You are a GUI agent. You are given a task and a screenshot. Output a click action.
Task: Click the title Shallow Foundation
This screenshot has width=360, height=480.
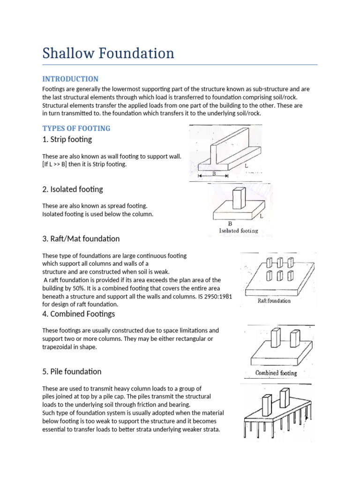tap(108, 53)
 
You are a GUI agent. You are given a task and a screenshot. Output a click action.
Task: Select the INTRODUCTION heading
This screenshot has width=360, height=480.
tap(70, 79)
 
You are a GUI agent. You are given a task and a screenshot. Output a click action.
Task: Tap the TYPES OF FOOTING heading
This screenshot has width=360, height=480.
tap(76, 128)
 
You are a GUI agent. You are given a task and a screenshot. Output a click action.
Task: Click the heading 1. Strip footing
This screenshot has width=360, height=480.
tap(67, 139)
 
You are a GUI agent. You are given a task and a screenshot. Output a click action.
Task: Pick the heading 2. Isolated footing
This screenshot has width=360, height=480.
tap(73, 189)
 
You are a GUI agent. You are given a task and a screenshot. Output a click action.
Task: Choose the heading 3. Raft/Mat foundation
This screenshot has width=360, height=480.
tap(81, 239)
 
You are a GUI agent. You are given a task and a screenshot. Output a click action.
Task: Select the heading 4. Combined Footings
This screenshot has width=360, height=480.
tap(78, 314)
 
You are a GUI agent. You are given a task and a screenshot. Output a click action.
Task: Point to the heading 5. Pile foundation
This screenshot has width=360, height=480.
tap(72, 371)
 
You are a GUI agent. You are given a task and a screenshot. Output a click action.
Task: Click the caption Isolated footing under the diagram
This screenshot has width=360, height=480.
tap(239, 231)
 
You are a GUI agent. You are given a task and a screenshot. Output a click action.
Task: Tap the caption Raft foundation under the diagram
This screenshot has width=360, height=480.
tap(274, 300)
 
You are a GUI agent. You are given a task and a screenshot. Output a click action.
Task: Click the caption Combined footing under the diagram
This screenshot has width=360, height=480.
tap(276, 373)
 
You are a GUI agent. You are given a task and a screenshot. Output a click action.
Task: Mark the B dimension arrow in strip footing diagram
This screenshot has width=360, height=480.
tap(213, 176)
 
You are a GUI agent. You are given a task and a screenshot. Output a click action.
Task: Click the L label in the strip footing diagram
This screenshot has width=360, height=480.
tap(246, 166)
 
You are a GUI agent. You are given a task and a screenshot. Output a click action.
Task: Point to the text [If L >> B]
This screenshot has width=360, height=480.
tap(56, 164)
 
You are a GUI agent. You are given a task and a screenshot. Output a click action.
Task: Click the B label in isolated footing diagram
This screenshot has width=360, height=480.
tap(230, 224)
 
